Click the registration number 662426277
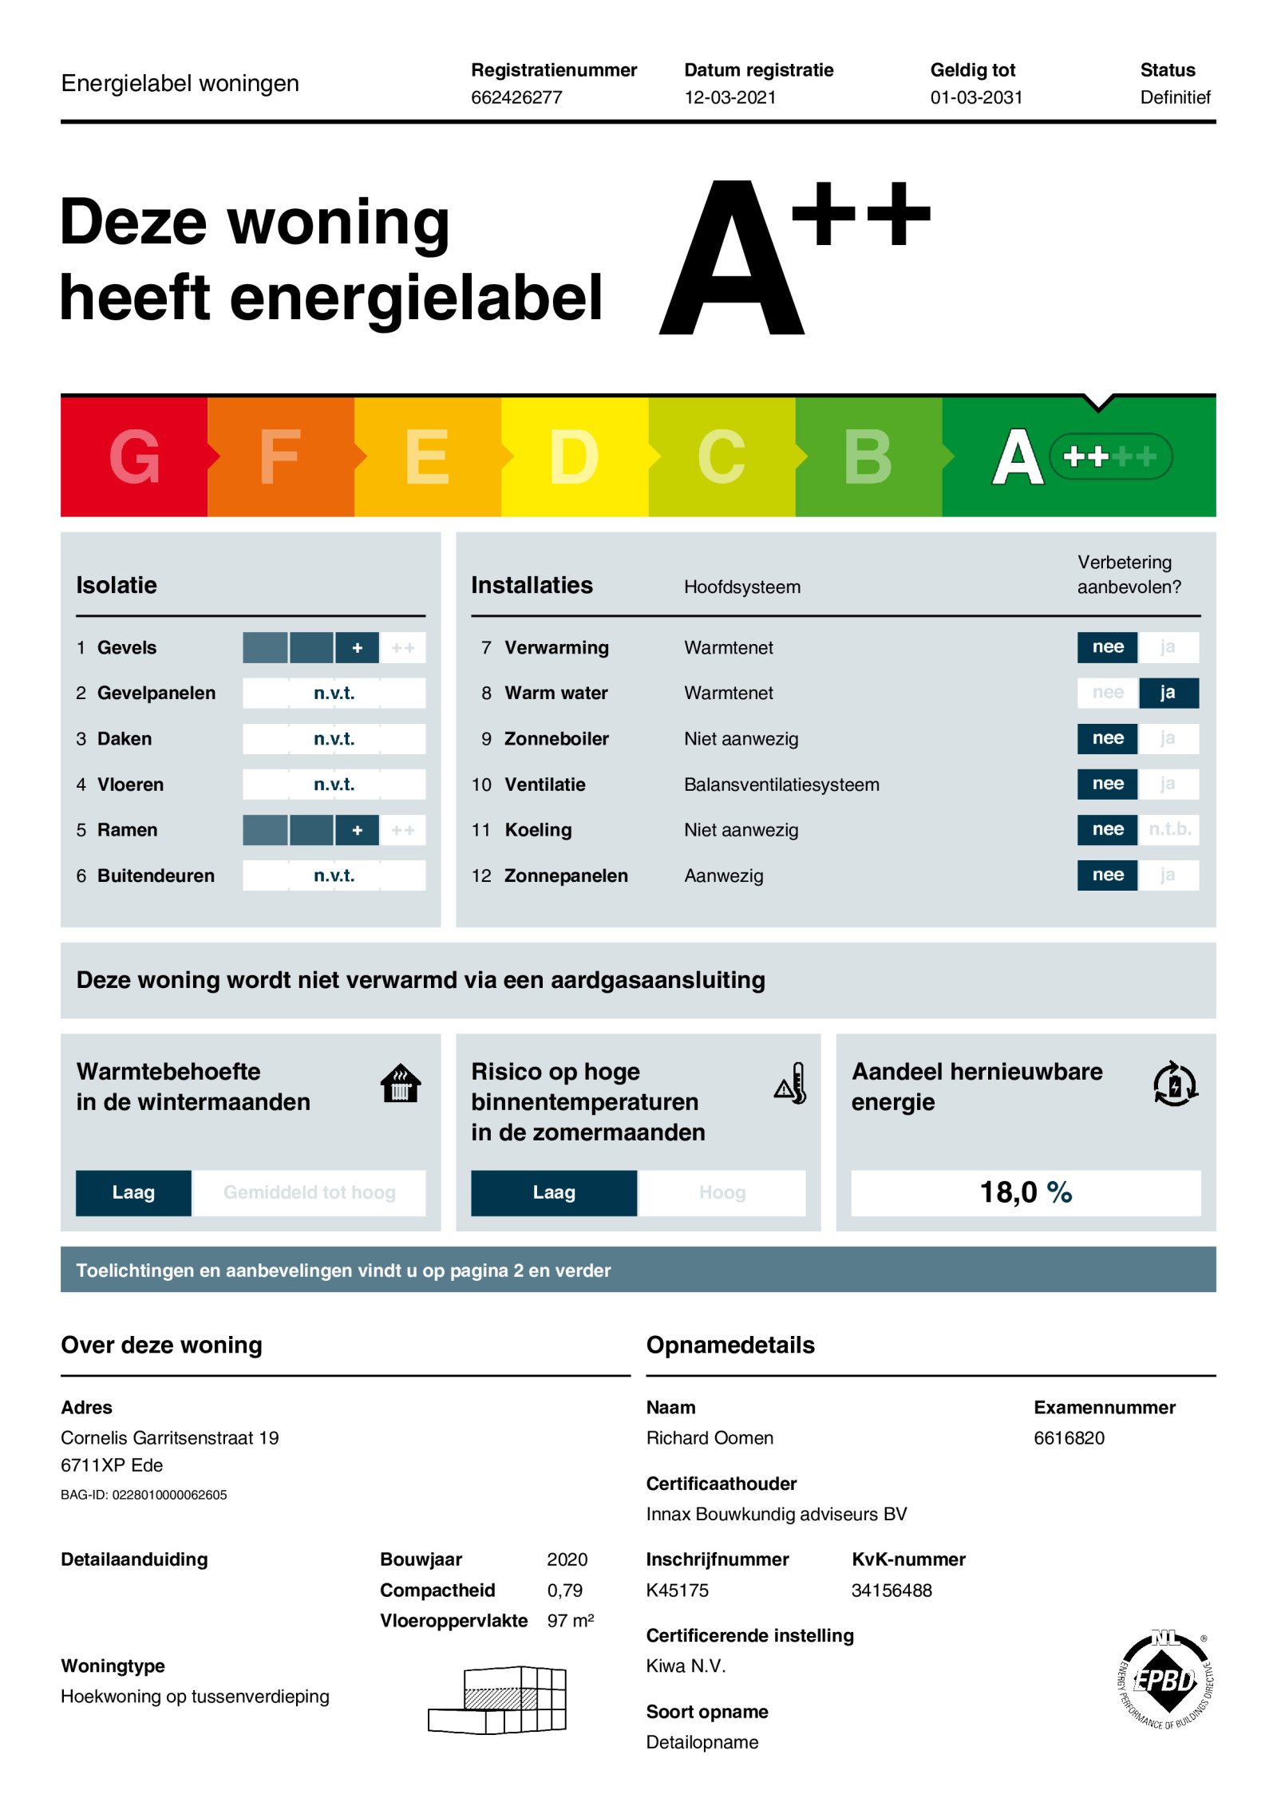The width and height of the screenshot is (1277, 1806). tap(516, 97)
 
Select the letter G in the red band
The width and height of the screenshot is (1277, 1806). tap(134, 456)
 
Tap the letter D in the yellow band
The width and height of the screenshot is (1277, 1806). tap(574, 456)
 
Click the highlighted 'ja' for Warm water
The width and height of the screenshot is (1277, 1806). tap(1167, 693)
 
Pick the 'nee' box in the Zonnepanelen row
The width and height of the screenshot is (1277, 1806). tap(1107, 875)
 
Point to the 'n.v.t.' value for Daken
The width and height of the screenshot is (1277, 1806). tap(334, 739)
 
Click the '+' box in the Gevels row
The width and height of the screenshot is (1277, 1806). tap(357, 648)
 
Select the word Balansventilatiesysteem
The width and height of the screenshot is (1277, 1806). tap(781, 784)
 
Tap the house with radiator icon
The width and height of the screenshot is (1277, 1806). tap(401, 1084)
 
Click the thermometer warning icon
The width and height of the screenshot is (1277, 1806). tap(791, 1084)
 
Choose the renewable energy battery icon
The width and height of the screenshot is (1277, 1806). tap(1175, 1084)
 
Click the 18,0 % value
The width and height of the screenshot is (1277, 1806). tap(1026, 1192)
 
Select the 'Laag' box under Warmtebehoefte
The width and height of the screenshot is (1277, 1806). tap(133, 1192)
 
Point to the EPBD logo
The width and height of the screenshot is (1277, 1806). tap(1165, 1680)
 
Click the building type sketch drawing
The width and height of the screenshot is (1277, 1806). tap(498, 1700)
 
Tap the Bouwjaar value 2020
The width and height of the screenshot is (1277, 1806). tap(567, 1559)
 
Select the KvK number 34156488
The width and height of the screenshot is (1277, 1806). tap(892, 1591)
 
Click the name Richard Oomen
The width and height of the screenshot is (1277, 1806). tap(710, 1438)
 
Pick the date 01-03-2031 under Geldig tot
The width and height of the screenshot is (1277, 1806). tap(976, 97)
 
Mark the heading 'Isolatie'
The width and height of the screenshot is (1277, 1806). tap(117, 585)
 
